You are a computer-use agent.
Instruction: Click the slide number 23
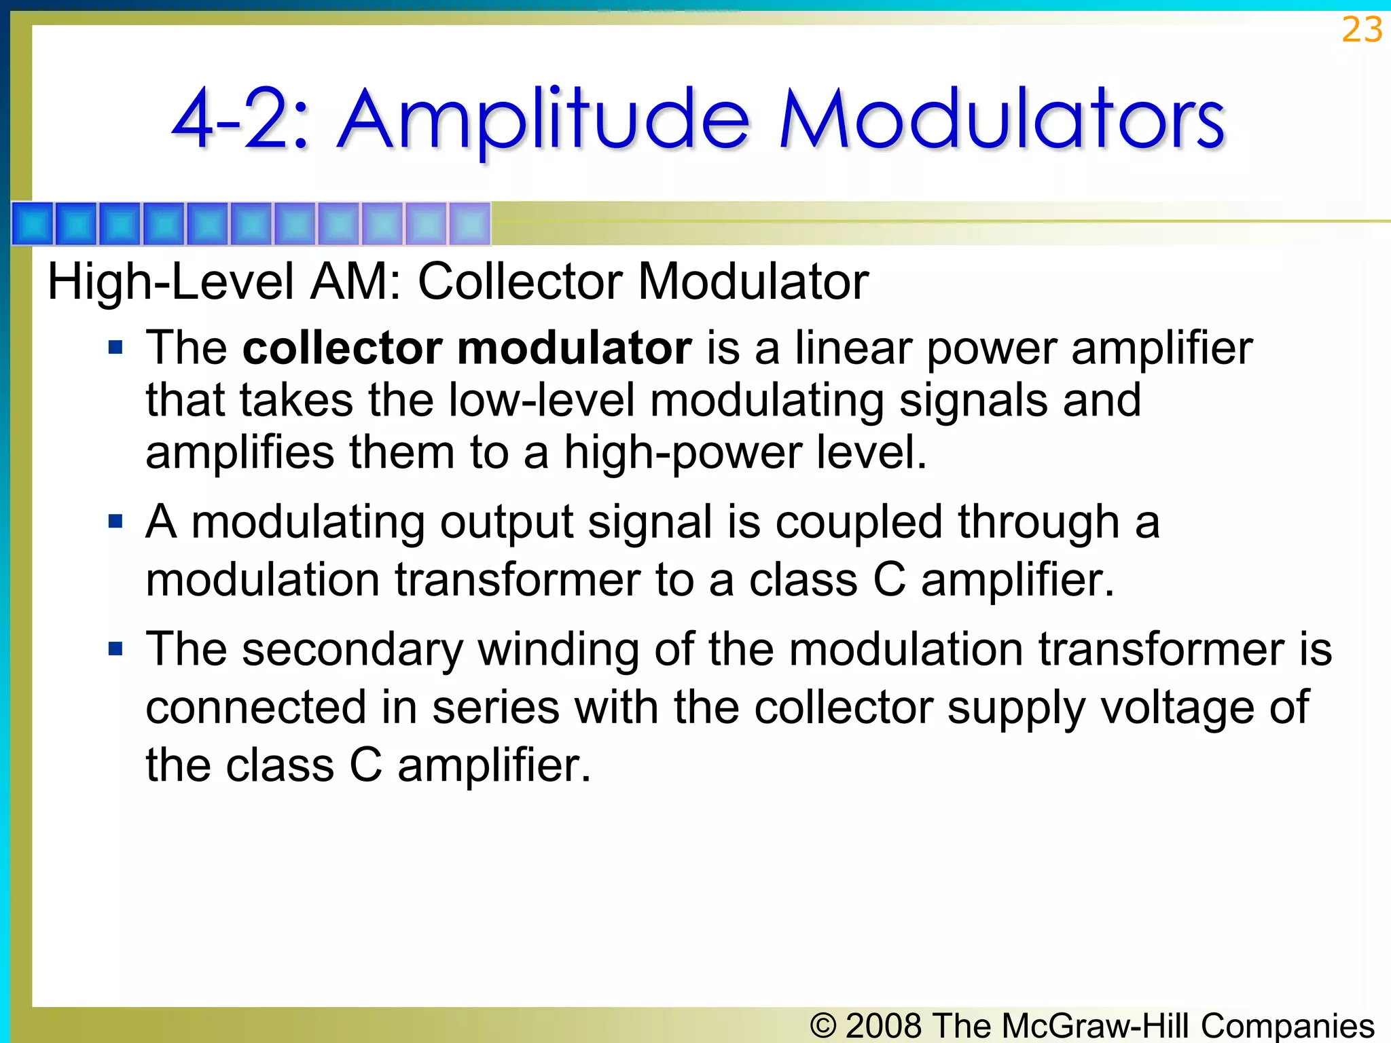tap(1361, 30)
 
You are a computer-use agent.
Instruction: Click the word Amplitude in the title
tap(543, 121)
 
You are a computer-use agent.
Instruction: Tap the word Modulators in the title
tap(1001, 121)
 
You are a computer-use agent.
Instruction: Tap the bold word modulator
tap(574, 348)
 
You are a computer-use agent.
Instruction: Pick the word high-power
tap(683, 452)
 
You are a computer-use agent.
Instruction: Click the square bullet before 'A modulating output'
tap(115, 521)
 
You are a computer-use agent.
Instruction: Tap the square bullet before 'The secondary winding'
tap(115, 649)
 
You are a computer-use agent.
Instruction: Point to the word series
tap(496, 708)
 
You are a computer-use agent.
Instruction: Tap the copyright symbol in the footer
tap(823, 1025)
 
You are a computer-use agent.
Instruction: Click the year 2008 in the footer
tap(884, 1025)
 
